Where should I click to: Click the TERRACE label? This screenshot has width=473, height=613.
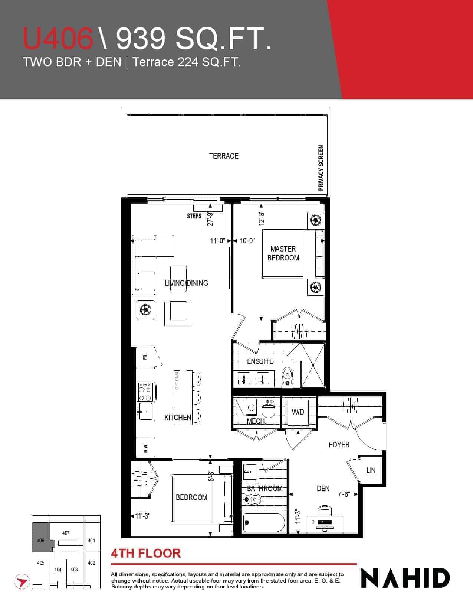click(224, 156)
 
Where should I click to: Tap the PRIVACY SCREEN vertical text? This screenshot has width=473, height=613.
click(321, 168)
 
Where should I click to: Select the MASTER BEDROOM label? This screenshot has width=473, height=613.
click(283, 253)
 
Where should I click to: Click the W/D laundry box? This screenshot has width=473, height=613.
click(298, 412)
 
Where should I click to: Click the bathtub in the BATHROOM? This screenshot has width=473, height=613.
click(264, 522)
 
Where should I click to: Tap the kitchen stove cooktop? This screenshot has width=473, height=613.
click(145, 392)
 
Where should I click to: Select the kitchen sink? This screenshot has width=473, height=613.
click(145, 412)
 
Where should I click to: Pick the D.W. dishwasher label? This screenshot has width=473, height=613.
click(146, 448)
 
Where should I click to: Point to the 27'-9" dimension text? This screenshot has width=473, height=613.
click(210, 218)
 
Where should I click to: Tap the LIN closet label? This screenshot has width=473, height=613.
click(371, 470)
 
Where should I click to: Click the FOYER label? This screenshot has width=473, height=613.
click(339, 445)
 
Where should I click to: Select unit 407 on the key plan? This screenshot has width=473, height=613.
click(66, 533)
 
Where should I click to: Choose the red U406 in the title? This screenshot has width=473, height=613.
click(58, 38)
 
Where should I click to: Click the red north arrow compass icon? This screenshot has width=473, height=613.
click(22, 581)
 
